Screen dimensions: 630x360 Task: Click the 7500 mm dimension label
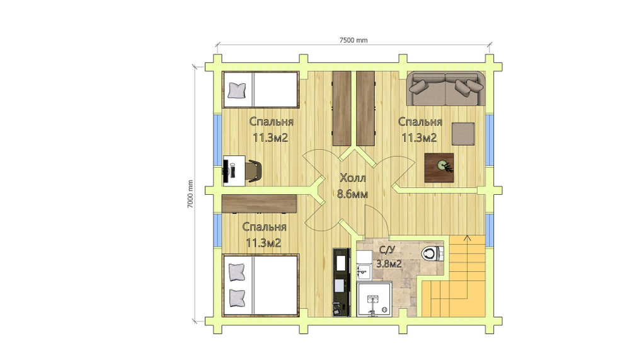click(353, 40)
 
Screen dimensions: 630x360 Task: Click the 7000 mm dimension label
click(190, 194)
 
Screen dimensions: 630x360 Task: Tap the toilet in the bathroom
click(432, 253)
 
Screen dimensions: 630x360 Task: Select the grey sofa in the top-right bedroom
click(445, 89)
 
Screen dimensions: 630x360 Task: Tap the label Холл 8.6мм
click(352, 186)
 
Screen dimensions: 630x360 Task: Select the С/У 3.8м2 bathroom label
click(389, 257)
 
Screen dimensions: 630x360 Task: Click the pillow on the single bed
click(237, 91)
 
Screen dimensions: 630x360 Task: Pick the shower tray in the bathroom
click(374, 299)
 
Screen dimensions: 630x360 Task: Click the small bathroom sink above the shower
click(364, 270)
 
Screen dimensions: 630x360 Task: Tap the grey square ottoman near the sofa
click(463, 134)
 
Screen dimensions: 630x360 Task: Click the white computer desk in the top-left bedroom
click(234, 171)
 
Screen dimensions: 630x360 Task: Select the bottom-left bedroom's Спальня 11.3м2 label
click(263, 235)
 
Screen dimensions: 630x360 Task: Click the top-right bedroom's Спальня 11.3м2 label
click(420, 129)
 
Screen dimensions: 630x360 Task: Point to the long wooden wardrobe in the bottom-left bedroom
click(259, 204)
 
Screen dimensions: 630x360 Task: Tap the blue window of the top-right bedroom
click(490, 140)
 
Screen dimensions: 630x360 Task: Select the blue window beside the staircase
click(490, 230)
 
